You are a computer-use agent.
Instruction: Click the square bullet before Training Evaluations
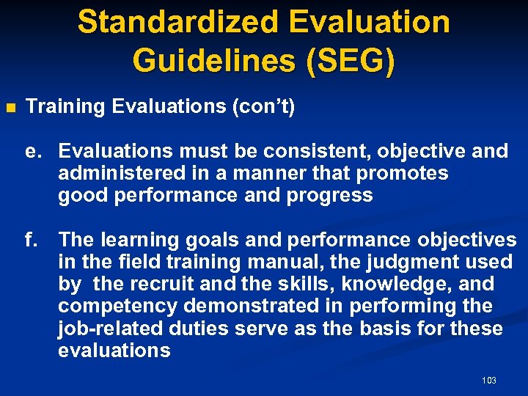[10, 108]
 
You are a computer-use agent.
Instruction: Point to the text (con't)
[263, 107]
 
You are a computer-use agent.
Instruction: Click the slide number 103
[489, 380]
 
